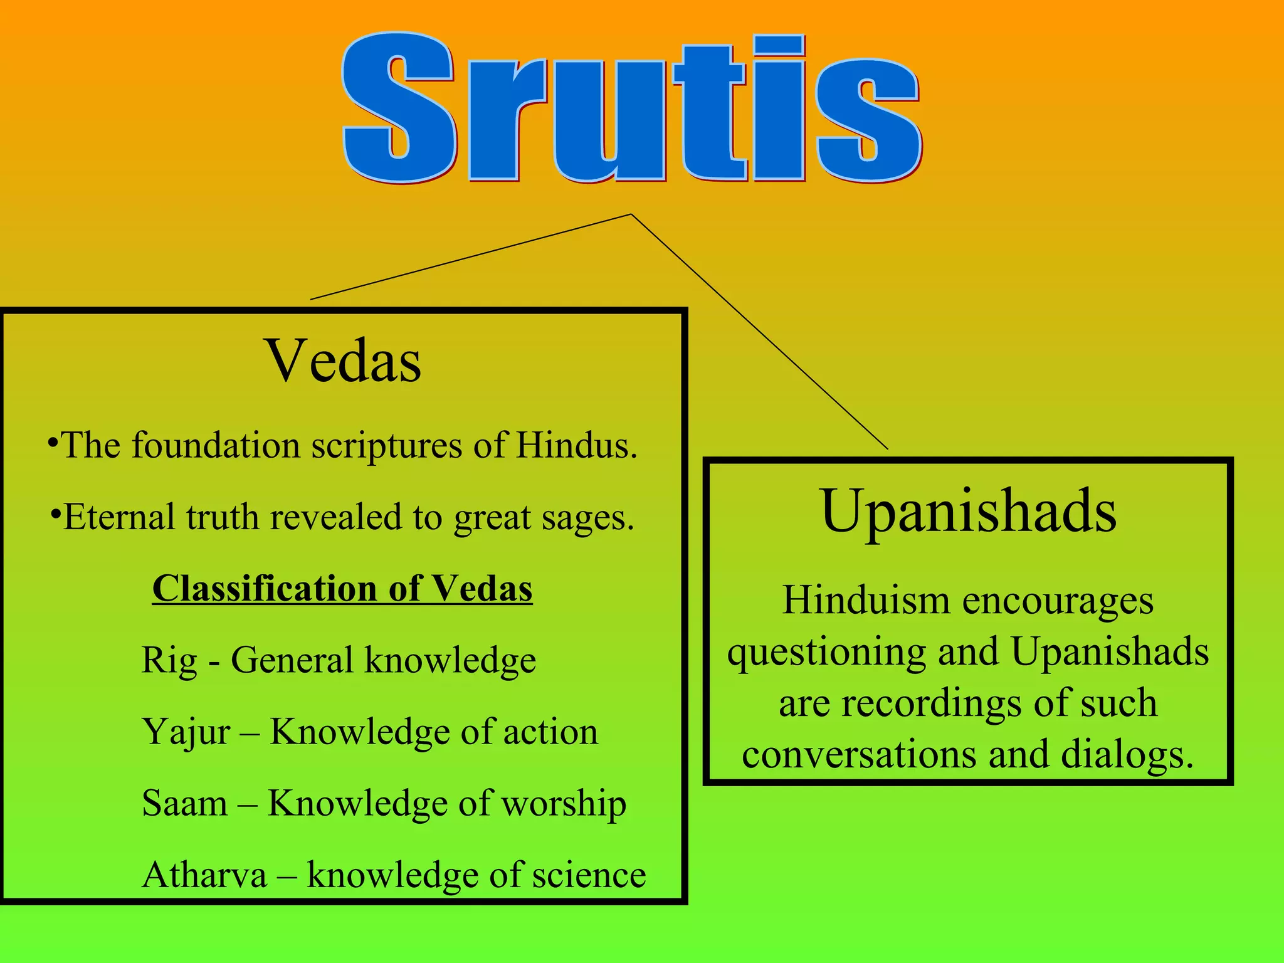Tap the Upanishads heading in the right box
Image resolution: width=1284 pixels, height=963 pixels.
point(968,511)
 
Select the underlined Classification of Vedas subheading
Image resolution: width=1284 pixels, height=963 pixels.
point(342,589)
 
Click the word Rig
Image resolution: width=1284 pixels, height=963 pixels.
point(169,660)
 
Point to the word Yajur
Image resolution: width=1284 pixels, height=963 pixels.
point(186,732)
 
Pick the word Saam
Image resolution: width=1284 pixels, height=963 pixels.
point(184,803)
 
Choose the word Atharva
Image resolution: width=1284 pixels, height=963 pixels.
point(204,875)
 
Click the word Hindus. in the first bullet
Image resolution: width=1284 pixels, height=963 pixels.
point(576,445)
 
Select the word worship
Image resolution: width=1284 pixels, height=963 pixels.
point(564,803)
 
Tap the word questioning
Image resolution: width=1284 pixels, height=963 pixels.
point(826,652)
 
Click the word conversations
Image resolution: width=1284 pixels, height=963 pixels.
point(859,754)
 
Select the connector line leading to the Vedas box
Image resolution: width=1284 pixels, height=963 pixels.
point(470,257)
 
